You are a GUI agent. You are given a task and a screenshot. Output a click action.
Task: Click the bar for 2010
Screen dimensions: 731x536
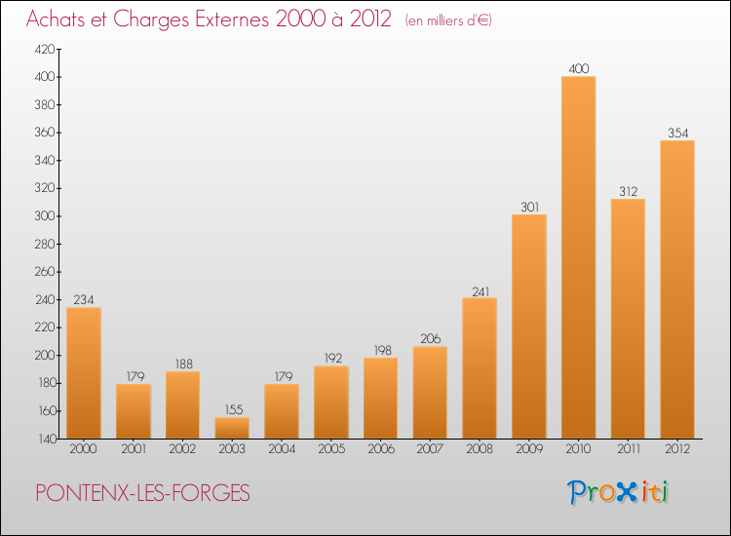(x=579, y=257)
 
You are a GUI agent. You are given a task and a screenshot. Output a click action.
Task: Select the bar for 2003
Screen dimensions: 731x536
(x=232, y=428)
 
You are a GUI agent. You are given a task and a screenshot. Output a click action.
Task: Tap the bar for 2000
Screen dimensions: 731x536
(x=84, y=373)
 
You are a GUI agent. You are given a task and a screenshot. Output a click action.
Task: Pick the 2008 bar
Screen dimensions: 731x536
(x=480, y=368)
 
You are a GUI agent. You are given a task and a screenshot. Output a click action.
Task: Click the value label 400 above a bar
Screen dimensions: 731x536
(x=579, y=69)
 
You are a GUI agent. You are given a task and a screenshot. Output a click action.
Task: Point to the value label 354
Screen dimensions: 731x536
(x=677, y=134)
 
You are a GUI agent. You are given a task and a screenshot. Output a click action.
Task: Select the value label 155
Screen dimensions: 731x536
(x=234, y=409)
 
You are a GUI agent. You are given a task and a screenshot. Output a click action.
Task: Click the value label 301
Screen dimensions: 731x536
(x=529, y=207)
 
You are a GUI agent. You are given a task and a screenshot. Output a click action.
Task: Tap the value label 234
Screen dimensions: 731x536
(x=84, y=300)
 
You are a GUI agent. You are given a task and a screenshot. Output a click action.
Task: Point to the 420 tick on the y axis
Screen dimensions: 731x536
(x=45, y=49)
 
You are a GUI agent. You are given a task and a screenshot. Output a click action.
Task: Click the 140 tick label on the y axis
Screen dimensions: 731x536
(x=46, y=440)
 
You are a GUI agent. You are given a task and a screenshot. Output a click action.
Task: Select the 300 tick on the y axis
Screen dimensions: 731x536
(x=45, y=216)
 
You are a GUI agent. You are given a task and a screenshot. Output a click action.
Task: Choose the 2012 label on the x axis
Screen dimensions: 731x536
(x=677, y=449)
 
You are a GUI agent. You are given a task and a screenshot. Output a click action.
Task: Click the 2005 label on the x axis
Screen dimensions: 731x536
(x=331, y=449)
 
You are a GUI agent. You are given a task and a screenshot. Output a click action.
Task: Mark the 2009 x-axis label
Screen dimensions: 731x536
(x=529, y=449)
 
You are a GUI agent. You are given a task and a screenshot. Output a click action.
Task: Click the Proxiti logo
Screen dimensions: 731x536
(x=618, y=492)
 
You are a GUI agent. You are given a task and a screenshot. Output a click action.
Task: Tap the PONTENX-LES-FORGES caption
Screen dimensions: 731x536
(x=142, y=493)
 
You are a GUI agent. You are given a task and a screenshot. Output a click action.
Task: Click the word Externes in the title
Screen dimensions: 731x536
(x=232, y=19)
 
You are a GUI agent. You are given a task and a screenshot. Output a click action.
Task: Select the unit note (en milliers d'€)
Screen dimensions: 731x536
(x=448, y=20)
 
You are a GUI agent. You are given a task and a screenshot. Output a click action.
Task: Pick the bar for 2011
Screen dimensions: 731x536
(x=628, y=319)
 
